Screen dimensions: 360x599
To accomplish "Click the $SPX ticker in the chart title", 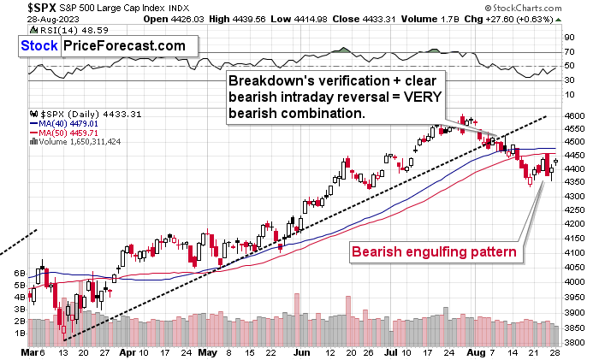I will pyautogui.click(x=18, y=7).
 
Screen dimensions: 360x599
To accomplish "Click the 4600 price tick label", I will pyautogui.click(x=575, y=115).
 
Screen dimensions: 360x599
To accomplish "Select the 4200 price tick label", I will pyautogui.click(x=575, y=223).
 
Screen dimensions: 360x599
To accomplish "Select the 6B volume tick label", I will pyautogui.click(x=20, y=272).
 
